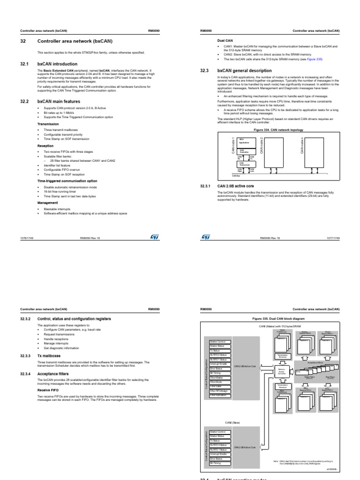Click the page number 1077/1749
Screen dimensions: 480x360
(332, 238)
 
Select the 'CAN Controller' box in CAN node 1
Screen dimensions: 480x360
(245, 151)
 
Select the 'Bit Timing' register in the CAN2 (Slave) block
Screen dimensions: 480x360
(218, 463)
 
